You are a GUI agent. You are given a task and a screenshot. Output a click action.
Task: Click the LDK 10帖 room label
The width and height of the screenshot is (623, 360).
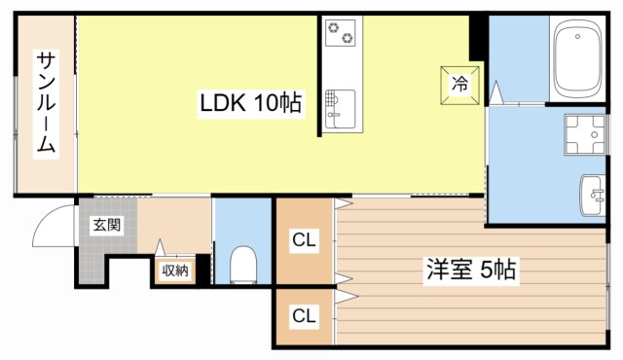251,103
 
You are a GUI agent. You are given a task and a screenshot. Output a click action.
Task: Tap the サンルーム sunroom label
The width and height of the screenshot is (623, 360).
46,104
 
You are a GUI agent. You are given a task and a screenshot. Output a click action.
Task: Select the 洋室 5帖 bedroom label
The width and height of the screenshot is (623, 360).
471,270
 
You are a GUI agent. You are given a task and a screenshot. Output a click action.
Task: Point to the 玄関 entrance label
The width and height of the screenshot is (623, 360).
107,225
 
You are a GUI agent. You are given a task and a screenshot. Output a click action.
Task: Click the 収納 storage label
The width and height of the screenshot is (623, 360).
175,270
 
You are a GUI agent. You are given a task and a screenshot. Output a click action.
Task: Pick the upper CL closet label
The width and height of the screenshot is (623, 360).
304,240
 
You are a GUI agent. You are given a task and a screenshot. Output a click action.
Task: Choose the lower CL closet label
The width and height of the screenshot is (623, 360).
304,316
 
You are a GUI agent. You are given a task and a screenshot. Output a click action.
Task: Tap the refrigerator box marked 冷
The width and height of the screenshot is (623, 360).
460,85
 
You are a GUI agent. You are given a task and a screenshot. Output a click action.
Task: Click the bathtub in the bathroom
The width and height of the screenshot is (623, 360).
577,58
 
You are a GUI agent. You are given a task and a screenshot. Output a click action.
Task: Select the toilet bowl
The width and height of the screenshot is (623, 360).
243,265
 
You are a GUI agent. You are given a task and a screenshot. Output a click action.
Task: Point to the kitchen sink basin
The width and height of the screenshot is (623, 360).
340,109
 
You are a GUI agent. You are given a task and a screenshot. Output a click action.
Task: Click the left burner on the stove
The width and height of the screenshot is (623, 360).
332,27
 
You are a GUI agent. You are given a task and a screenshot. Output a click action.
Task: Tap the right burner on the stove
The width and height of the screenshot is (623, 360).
348,38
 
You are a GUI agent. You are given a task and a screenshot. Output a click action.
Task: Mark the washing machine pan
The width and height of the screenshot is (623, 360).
585,134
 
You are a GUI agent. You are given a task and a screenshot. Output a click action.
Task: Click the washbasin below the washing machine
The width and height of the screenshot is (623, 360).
593,196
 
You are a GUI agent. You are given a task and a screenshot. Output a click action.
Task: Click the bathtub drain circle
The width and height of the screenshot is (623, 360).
577,37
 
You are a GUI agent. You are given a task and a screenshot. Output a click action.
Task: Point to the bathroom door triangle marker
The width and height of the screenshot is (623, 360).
495,92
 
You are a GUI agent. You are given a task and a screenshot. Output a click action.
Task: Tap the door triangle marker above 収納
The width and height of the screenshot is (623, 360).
160,247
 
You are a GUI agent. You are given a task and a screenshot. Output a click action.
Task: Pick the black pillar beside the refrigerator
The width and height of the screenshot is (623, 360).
478,38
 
